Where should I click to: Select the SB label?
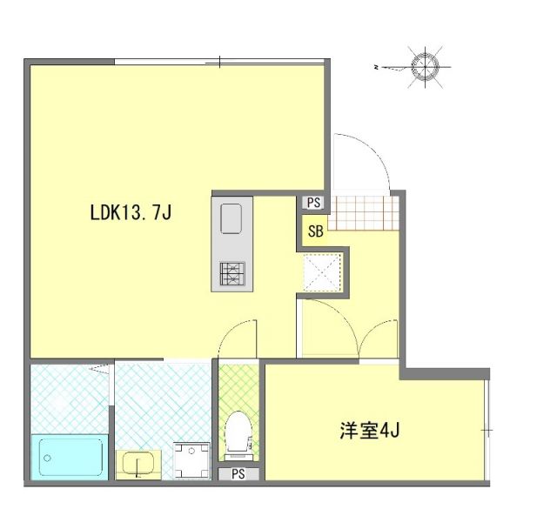coord(315,231)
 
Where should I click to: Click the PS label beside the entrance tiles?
coord(314,203)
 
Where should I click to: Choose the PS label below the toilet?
coord(237,475)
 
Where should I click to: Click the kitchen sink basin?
coord(232,218)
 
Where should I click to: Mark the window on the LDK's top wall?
coord(221,62)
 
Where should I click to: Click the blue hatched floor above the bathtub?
coord(69,396)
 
